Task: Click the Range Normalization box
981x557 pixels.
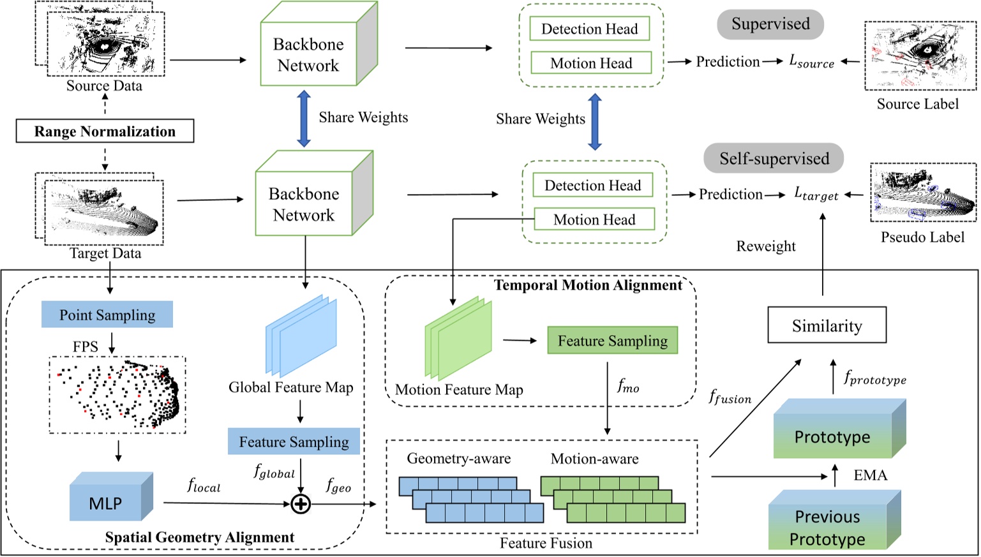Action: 105,131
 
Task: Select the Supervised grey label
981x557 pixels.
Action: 770,24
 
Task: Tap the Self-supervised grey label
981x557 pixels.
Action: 774,158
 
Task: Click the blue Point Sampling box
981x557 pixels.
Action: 107,315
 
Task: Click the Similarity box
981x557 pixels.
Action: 827,325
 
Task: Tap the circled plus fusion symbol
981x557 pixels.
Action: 300,504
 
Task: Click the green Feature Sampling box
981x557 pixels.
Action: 612,341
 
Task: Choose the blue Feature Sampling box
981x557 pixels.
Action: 294,442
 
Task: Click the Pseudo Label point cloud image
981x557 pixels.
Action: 923,192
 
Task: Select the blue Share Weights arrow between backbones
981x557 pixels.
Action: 304,119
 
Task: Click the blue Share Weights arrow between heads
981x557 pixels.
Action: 594,121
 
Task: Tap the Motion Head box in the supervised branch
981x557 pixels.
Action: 591,63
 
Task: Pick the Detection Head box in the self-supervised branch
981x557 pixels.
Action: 592,185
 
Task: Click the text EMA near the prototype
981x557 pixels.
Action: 870,475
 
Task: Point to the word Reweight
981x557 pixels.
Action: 766,246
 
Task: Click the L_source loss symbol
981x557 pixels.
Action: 811,61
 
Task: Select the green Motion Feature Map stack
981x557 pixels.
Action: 458,338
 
